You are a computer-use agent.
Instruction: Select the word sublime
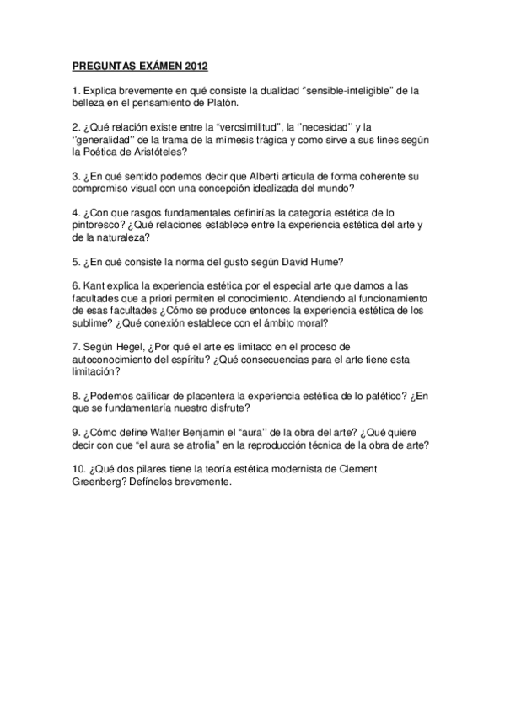(x=93, y=324)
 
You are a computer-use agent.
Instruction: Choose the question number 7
(x=75, y=349)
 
